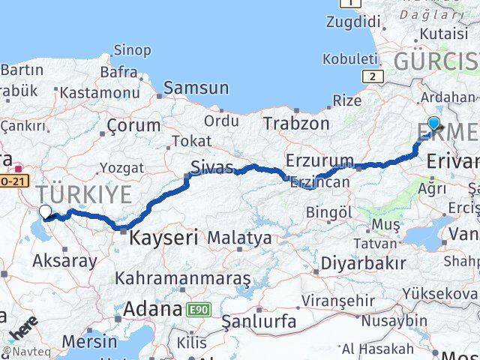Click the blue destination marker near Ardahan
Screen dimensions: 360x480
(x=433, y=124)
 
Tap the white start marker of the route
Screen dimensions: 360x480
(x=45, y=212)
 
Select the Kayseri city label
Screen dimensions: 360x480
(x=163, y=238)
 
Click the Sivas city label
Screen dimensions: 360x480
(x=210, y=166)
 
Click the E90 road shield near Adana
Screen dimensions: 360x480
(x=200, y=309)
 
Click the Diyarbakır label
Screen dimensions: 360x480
(x=364, y=262)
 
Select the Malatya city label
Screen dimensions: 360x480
(x=239, y=238)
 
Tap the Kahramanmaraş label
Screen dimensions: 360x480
(x=182, y=277)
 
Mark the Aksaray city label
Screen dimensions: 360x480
(x=64, y=261)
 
